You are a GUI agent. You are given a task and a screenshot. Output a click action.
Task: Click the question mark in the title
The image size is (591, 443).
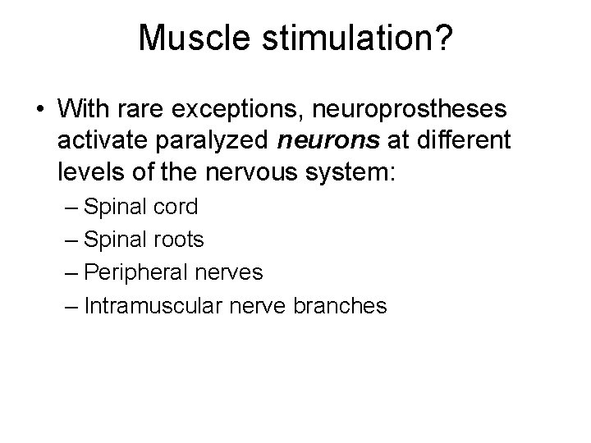pos(441,38)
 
